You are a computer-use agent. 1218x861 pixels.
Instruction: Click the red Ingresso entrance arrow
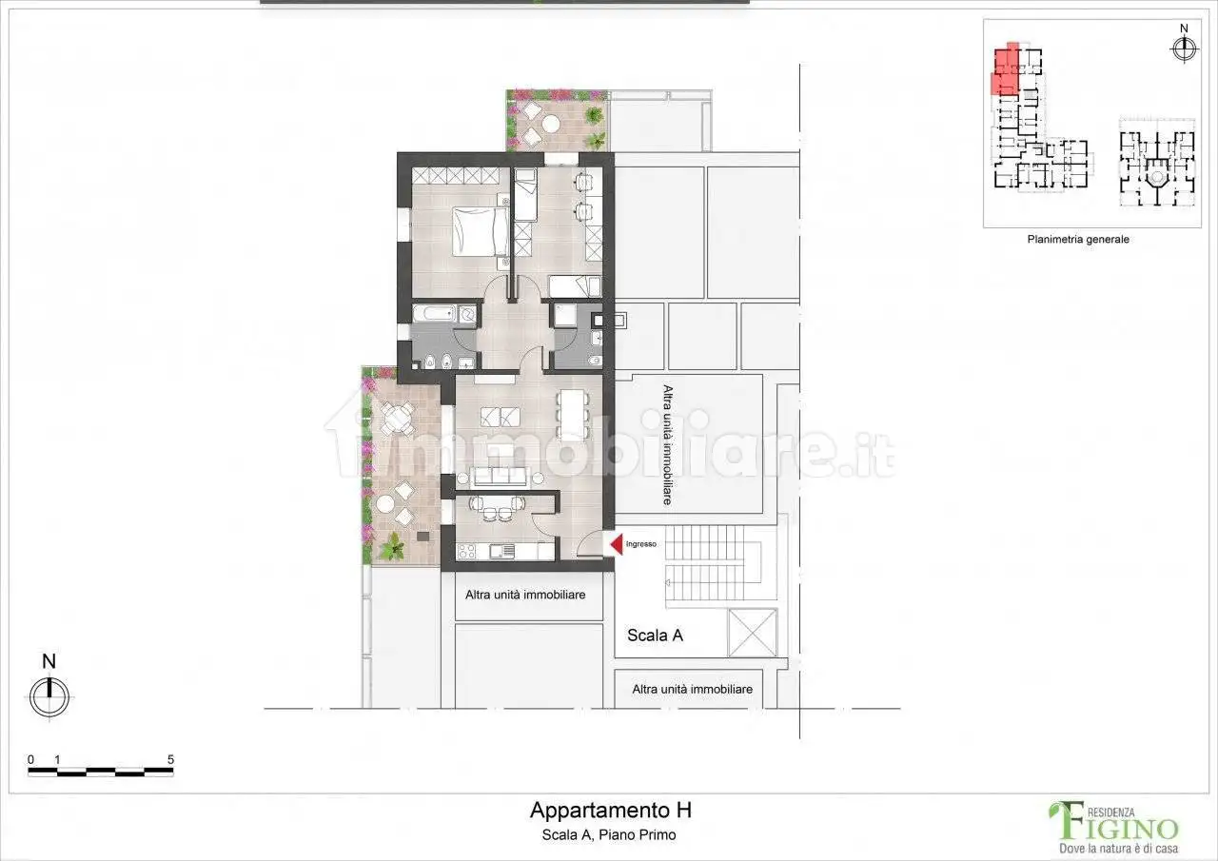(x=615, y=544)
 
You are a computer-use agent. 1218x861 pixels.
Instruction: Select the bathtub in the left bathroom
(x=436, y=314)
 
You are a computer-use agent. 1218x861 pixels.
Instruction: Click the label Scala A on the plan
(x=655, y=636)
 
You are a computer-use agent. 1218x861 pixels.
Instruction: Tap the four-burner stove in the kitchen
(x=468, y=550)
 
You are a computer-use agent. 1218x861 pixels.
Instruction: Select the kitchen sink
(x=502, y=550)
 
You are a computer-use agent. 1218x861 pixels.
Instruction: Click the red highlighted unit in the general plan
(x=1004, y=70)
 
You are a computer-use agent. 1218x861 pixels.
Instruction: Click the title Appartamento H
(x=610, y=811)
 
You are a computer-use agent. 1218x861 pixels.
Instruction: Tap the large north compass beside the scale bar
(x=49, y=696)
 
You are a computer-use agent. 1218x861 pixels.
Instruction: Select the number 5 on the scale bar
(x=170, y=759)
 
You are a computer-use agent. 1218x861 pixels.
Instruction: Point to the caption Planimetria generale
(x=1078, y=240)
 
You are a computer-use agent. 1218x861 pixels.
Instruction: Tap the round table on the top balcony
(x=550, y=123)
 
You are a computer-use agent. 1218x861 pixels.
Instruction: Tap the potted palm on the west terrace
(x=391, y=547)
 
